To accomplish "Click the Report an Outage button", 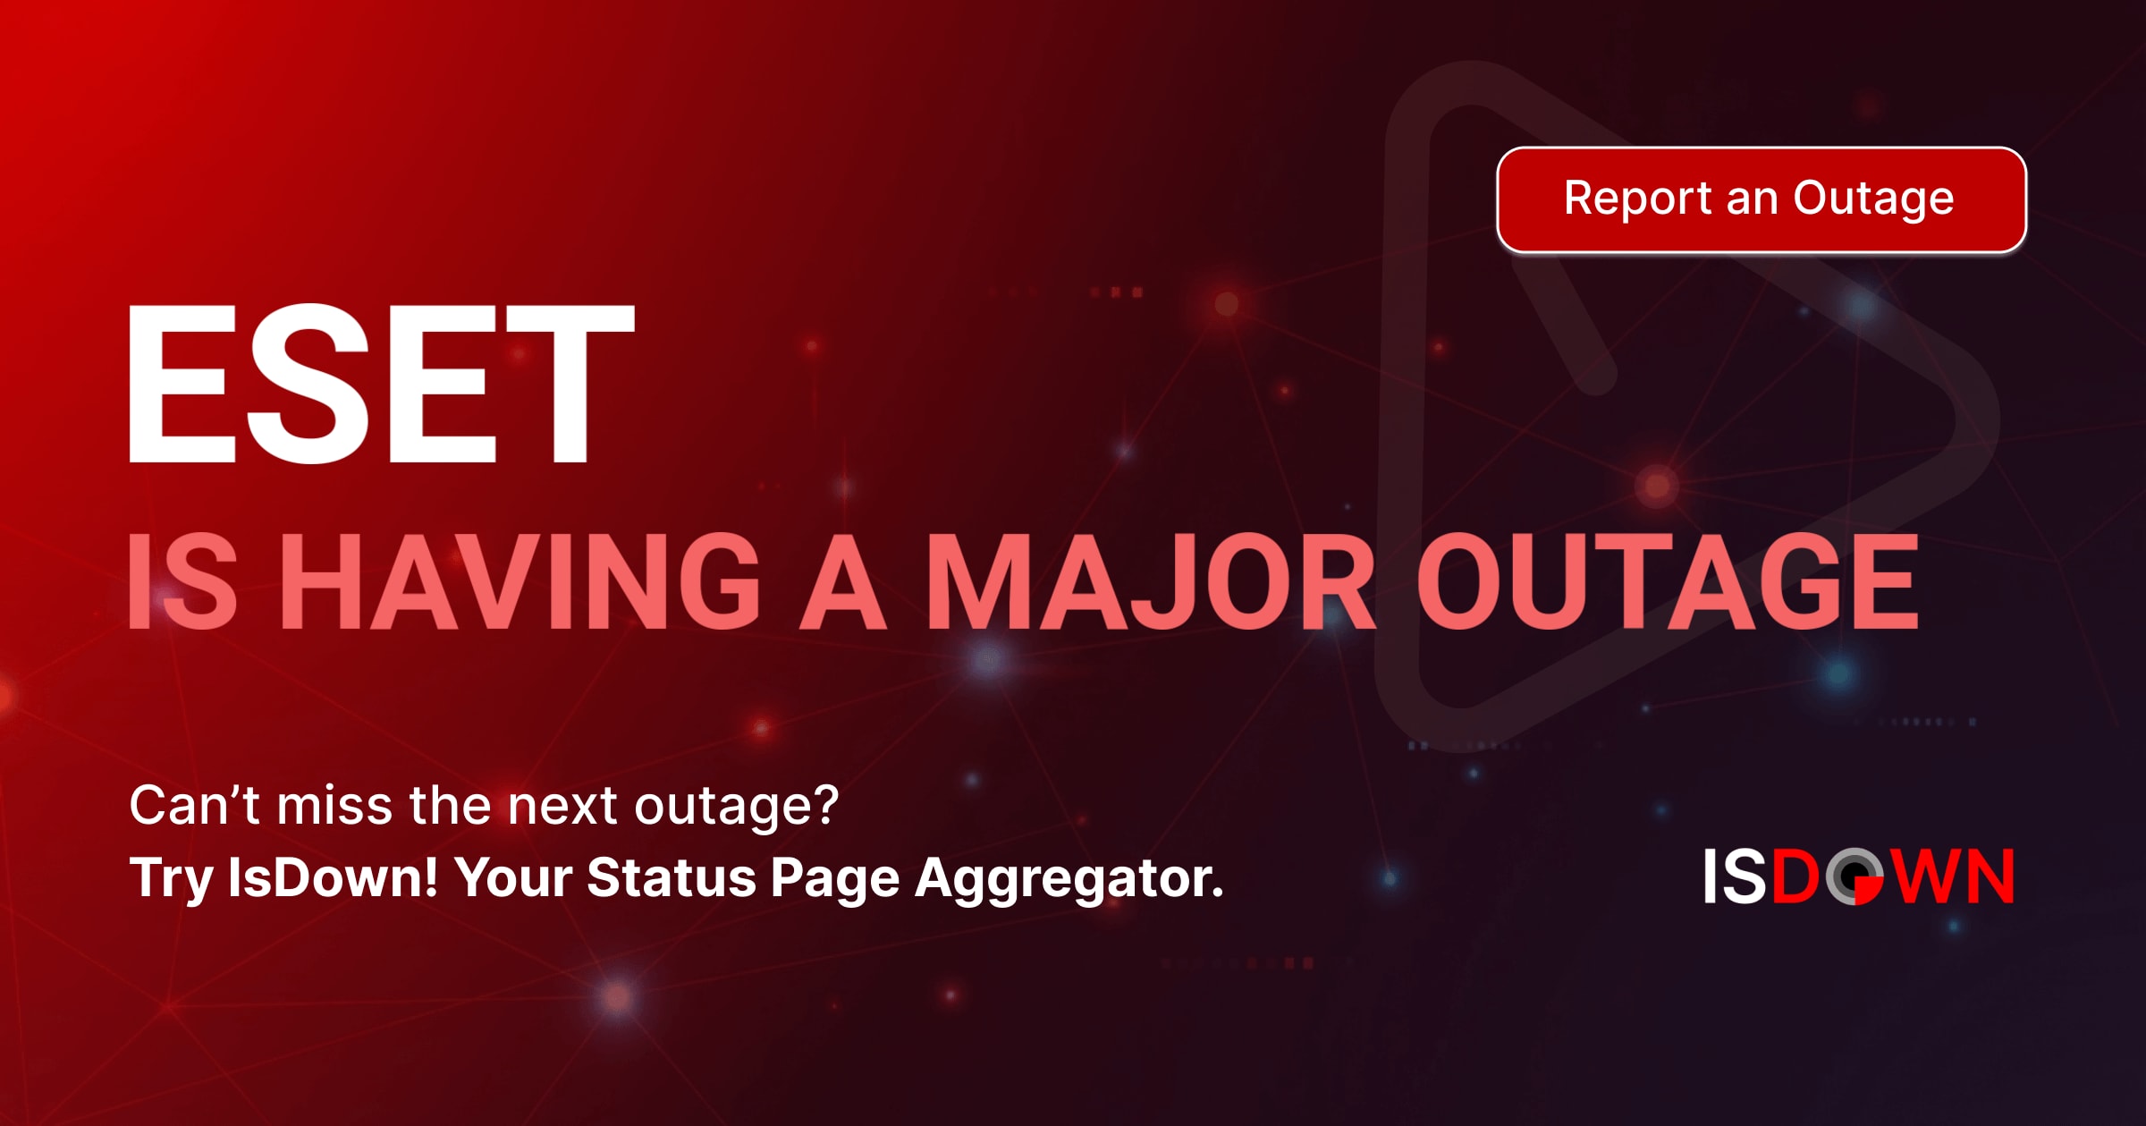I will click(1761, 199).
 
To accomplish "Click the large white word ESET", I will click(381, 384).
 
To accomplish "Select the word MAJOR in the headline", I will click(1150, 581).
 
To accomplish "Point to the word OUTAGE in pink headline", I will click(1668, 581).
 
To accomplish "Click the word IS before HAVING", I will click(183, 581).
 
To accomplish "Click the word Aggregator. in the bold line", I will click(1069, 878).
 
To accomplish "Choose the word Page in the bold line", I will click(834, 878).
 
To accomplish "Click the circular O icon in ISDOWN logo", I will click(1855, 876).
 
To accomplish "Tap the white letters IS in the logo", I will click(1735, 876).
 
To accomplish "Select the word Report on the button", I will click(1637, 199).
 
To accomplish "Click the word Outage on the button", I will click(1873, 199).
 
